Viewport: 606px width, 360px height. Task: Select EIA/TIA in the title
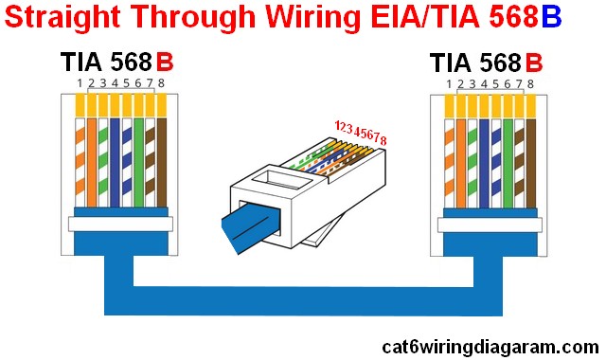tap(403, 19)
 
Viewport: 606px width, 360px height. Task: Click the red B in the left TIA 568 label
tap(165, 63)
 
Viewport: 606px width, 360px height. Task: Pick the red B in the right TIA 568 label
tap(534, 63)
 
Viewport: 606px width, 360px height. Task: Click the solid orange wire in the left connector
tap(92, 156)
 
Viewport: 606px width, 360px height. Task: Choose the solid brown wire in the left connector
tap(161, 156)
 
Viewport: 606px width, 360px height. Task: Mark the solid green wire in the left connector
tap(138, 156)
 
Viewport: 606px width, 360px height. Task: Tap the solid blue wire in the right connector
tap(485, 156)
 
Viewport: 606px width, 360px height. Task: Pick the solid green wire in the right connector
tap(508, 156)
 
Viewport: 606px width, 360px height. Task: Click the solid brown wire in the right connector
tap(530, 156)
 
